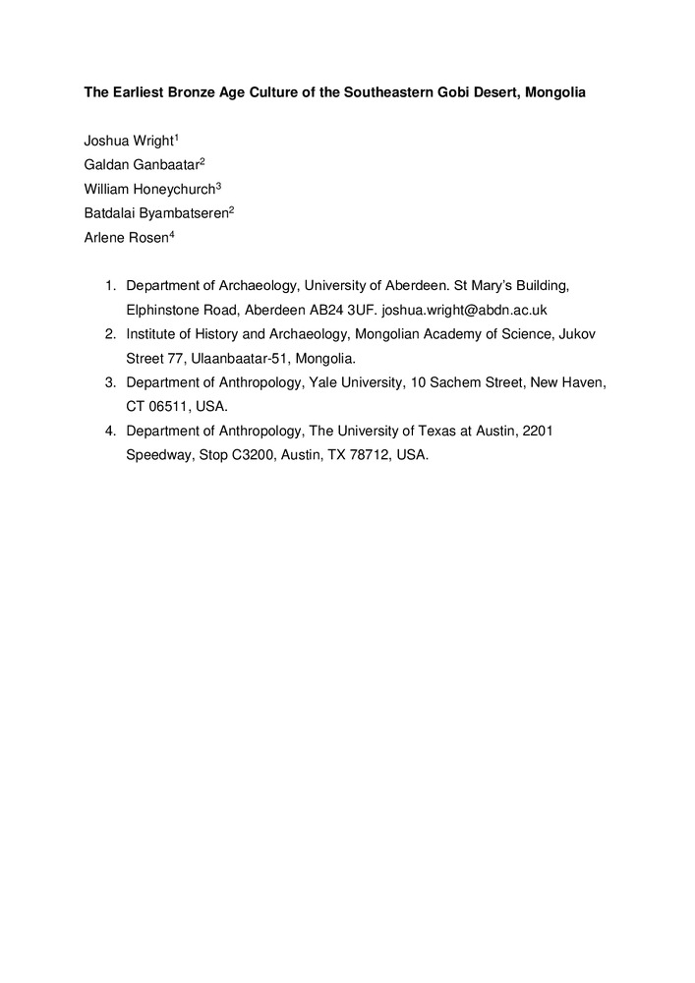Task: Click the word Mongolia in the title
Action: (554, 93)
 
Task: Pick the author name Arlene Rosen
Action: (126, 238)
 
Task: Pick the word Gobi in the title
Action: (442, 93)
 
